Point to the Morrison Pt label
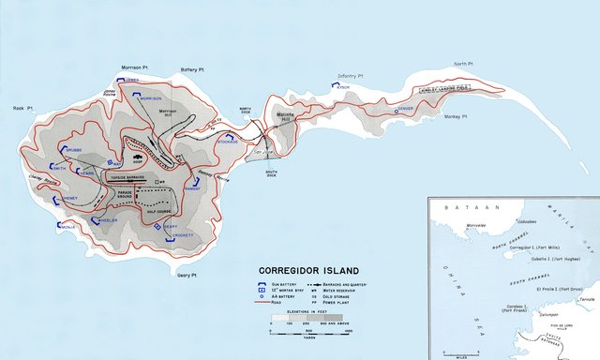pyautogui.click(x=136, y=67)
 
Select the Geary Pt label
pyautogui.click(x=188, y=275)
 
